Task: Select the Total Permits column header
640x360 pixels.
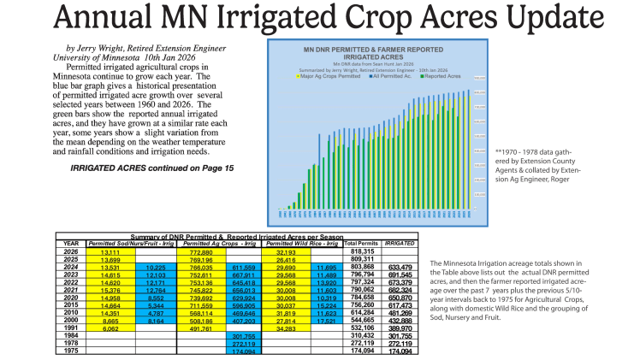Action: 362,242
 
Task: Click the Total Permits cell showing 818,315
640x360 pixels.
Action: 363,251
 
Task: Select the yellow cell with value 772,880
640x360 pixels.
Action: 199,251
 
